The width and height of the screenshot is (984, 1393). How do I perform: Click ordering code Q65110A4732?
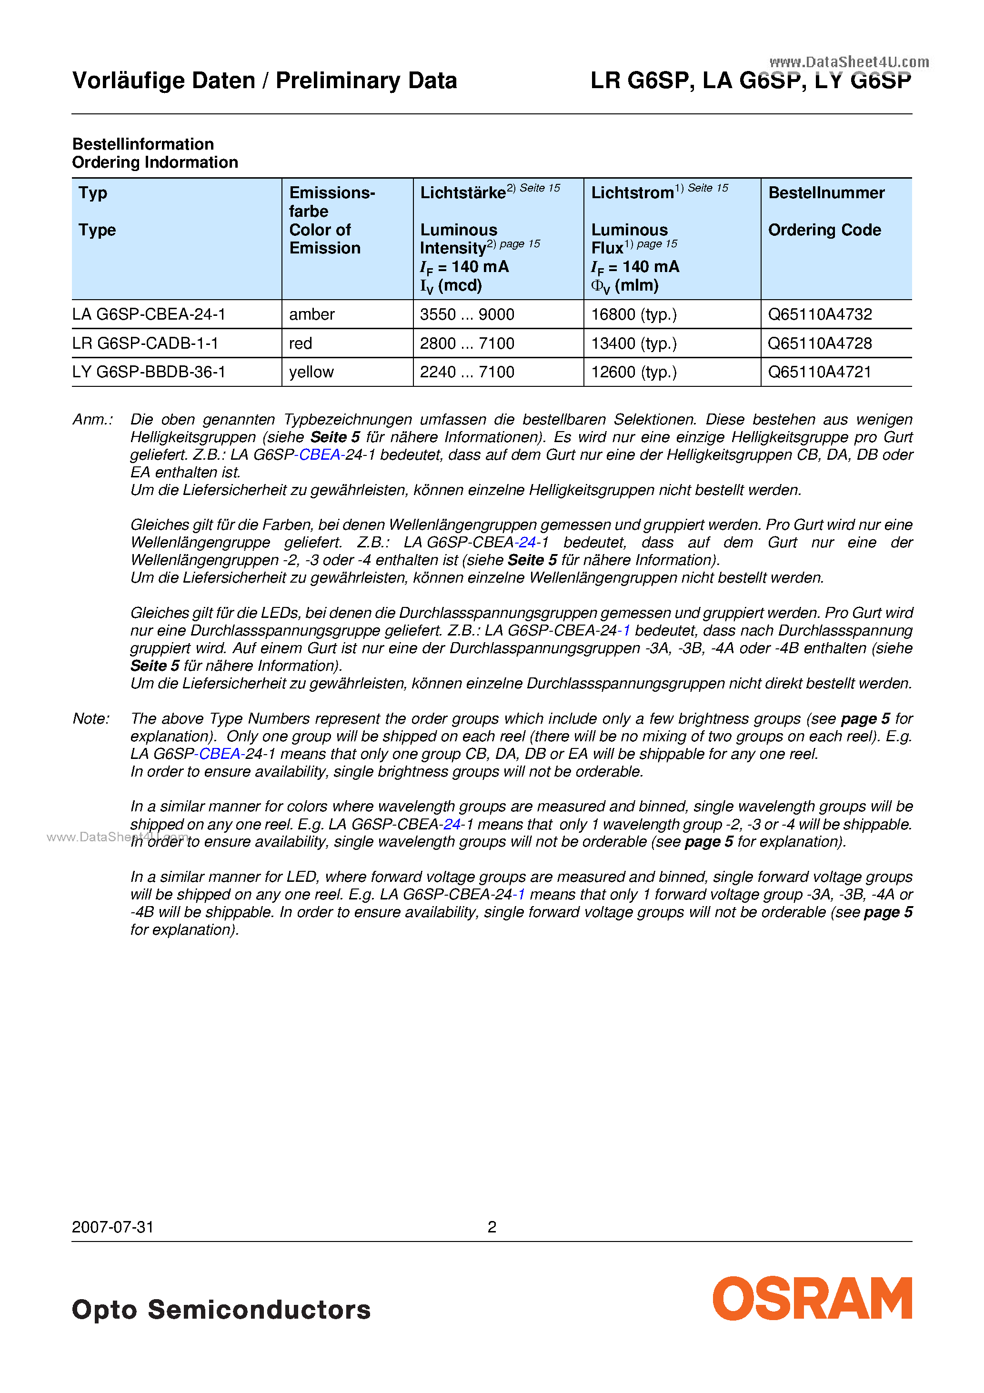pos(820,314)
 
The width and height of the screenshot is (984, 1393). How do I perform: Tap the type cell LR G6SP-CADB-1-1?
pos(145,343)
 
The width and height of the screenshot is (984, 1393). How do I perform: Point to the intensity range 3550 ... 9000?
pos(467,314)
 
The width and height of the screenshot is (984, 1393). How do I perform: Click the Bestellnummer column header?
pos(826,193)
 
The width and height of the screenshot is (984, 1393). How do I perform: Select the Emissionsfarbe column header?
pos(332,202)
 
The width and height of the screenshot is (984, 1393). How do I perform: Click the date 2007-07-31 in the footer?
pos(113,1227)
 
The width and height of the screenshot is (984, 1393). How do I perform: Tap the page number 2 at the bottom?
pos(492,1227)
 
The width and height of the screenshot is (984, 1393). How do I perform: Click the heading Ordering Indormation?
pos(155,162)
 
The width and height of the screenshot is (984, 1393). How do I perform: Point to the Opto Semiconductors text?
pos(221,1309)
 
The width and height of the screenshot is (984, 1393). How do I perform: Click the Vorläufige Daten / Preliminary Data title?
pos(264,81)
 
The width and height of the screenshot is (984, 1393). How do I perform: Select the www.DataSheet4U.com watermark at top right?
pos(849,62)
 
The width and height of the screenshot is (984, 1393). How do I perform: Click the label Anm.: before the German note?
pos(92,419)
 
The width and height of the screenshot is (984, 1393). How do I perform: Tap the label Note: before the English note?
pos(91,718)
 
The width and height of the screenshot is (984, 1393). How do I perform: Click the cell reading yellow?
pos(311,372)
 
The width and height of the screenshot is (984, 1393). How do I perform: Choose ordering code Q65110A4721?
pos(819,372)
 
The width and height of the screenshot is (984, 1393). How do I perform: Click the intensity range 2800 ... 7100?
pos(467,343)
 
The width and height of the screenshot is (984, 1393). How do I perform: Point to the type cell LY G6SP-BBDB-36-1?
pos(149,372)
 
